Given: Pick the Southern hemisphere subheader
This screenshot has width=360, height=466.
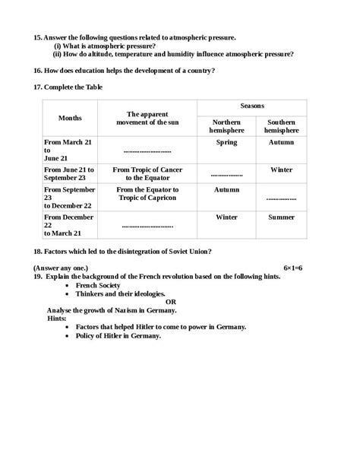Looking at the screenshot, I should click(281, 125).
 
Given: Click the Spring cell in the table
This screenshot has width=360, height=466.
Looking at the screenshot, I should click(226, 142).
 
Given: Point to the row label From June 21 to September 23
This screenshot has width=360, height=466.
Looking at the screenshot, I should click(69, 173).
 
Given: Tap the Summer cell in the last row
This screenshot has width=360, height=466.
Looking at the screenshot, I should click(281, 217).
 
